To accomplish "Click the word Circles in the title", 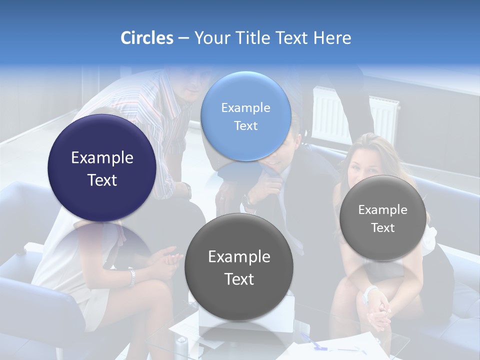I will click(147, 38).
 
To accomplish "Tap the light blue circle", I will click(245, 116).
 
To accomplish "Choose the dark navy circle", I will click(102, 168).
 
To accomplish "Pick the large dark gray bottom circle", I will click(239, 266).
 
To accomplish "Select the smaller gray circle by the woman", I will click(383, 218).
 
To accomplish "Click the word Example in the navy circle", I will click(102, 158).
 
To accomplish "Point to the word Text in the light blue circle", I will click(245, 126).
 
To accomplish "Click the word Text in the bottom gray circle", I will click(239, 279).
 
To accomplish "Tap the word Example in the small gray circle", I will click(383, 210).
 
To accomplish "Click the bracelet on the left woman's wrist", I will click(131, 278).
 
